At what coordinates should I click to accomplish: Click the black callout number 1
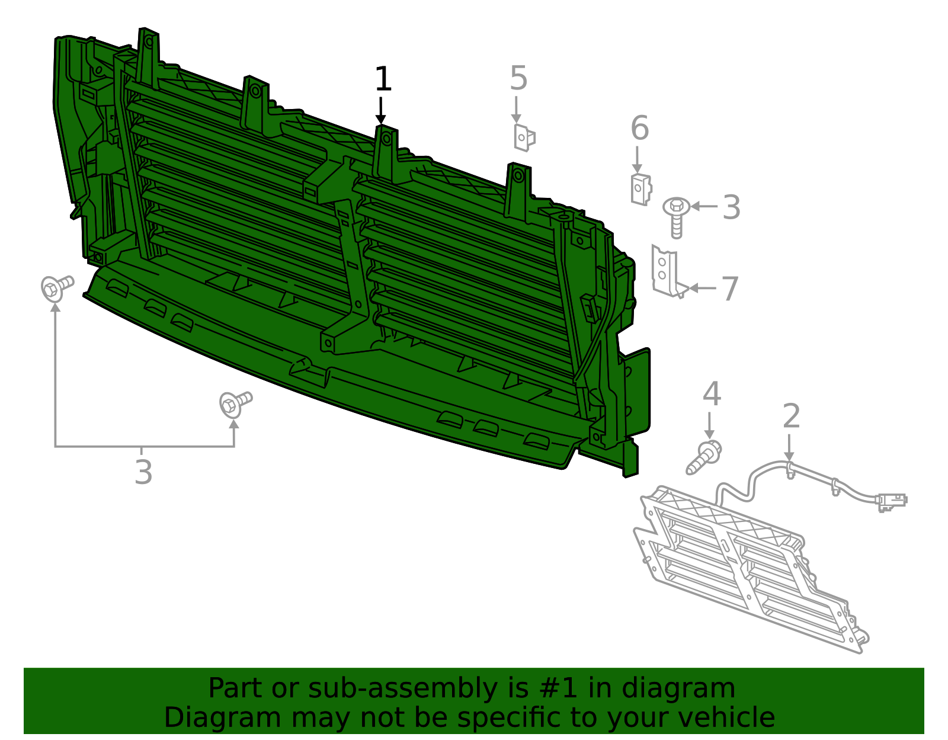click(383, 80)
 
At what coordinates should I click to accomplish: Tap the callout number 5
click(518, 79)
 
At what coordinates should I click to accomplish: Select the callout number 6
click(639, 129)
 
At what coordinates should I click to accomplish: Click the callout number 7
click(729, 289)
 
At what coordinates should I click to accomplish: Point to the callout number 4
click(712, 395)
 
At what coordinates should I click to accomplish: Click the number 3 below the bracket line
click(143, 472)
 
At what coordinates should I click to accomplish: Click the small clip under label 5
click(524, 137)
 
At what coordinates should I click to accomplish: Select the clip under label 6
click(640, 190)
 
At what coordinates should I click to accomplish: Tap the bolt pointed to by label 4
click(704, 458)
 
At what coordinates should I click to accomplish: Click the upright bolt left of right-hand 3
click(676, 217)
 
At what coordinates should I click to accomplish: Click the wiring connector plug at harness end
click(891, 501)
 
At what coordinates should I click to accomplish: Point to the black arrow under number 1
click(381, 111)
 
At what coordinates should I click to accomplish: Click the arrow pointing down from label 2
click(789, 447)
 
